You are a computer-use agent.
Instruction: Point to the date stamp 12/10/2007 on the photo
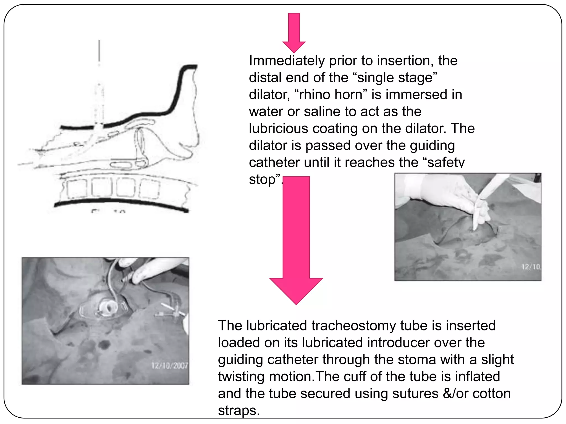tap(169, 366)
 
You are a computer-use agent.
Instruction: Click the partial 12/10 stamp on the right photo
tap(531, 267)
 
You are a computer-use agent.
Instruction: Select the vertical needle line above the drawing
tap(99, 51)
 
